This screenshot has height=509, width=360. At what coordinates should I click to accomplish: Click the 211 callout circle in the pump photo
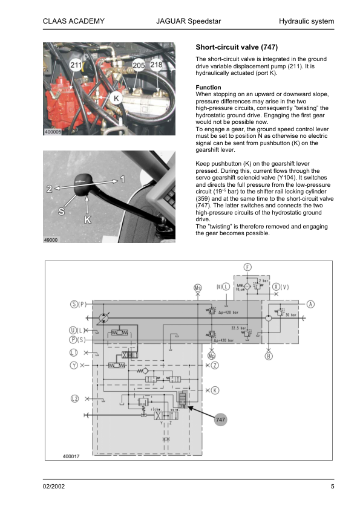click(x=76, y=65)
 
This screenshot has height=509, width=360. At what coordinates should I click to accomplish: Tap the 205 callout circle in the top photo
click(x=138, y=65)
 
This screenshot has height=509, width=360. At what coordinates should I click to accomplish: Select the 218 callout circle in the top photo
click(x=155, y=64)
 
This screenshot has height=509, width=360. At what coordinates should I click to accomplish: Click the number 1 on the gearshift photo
click(x=123, y=180)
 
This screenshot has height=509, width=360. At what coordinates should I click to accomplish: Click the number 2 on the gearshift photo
click(x=49, y=189)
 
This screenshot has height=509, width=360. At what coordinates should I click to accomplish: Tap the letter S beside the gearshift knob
click(x=62, y=212)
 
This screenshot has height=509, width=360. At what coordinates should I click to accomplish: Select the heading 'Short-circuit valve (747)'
click(x=237, y=47)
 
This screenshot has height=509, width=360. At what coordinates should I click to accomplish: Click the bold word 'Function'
click(x=209, y=88)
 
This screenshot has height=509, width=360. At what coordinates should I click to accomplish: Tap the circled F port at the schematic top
click(x=248, y=267)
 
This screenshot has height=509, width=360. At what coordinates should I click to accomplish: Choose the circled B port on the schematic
click(x=269, y=355)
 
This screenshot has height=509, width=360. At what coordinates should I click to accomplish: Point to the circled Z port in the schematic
click(x=214, y=365)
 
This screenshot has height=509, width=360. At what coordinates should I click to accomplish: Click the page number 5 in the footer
click(x=332, y=487)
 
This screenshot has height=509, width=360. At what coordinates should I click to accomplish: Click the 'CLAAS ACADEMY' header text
click(x=74, y=22)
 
